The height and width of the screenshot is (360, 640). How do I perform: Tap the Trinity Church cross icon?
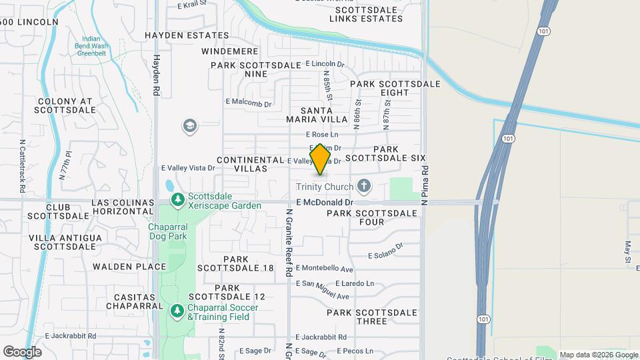pyautogui.click(x=364, y=185)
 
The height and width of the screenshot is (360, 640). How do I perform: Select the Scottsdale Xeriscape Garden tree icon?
pyautogui.click(x=177, y=200)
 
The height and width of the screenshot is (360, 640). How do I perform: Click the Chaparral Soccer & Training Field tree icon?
pyautogui.click(x=177, y=311)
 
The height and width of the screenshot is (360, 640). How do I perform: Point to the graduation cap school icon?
pyautogui.click(x=190, y=126)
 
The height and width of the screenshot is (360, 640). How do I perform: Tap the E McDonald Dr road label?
pyautogui.click(x=325, y=202)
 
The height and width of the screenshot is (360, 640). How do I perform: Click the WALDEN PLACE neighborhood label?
pyautogui.click(x=129, y=267)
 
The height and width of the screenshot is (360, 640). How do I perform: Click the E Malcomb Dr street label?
pyautogui.click(x=249, y=103)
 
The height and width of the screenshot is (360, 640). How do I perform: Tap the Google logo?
pyautogui.click(x=22, y=352)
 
